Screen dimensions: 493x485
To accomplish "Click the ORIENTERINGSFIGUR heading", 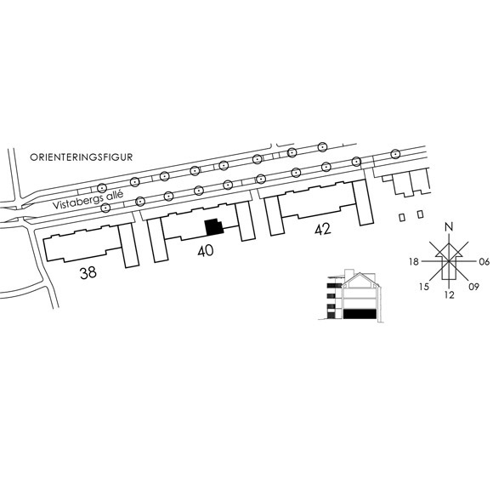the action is (x=81, y=157).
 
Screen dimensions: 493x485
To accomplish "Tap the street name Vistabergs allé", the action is (x=88, y=200).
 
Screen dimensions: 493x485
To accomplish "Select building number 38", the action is (x=88, y=273).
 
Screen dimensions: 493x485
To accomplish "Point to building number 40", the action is (x=206, y=251).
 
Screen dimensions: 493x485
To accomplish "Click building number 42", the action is (x=323, y=230).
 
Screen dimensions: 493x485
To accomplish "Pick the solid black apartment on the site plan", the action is (x=214, y=227).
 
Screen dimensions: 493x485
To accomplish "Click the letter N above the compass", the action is (x=450, y=227).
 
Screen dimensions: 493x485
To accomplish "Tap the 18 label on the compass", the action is (x=414, y=261).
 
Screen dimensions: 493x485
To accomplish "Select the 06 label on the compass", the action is (x=484, y=261).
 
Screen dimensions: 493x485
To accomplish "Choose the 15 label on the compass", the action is (x=424, y=287).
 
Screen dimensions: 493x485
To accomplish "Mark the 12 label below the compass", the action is (x=450, y=295).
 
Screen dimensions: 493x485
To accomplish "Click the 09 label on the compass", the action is (x=473, y=287).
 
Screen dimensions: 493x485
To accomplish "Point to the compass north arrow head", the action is (x=449, y=249).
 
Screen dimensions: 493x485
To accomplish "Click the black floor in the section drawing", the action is (x=360, y=314).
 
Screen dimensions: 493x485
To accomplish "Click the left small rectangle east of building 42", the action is (x=402, y=217).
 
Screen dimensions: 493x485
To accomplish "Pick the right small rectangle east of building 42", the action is (x=421, y=214).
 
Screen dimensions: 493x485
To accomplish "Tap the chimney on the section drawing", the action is (x=349, y=273).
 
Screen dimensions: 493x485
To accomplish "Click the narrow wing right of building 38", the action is (x=128, y=246).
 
